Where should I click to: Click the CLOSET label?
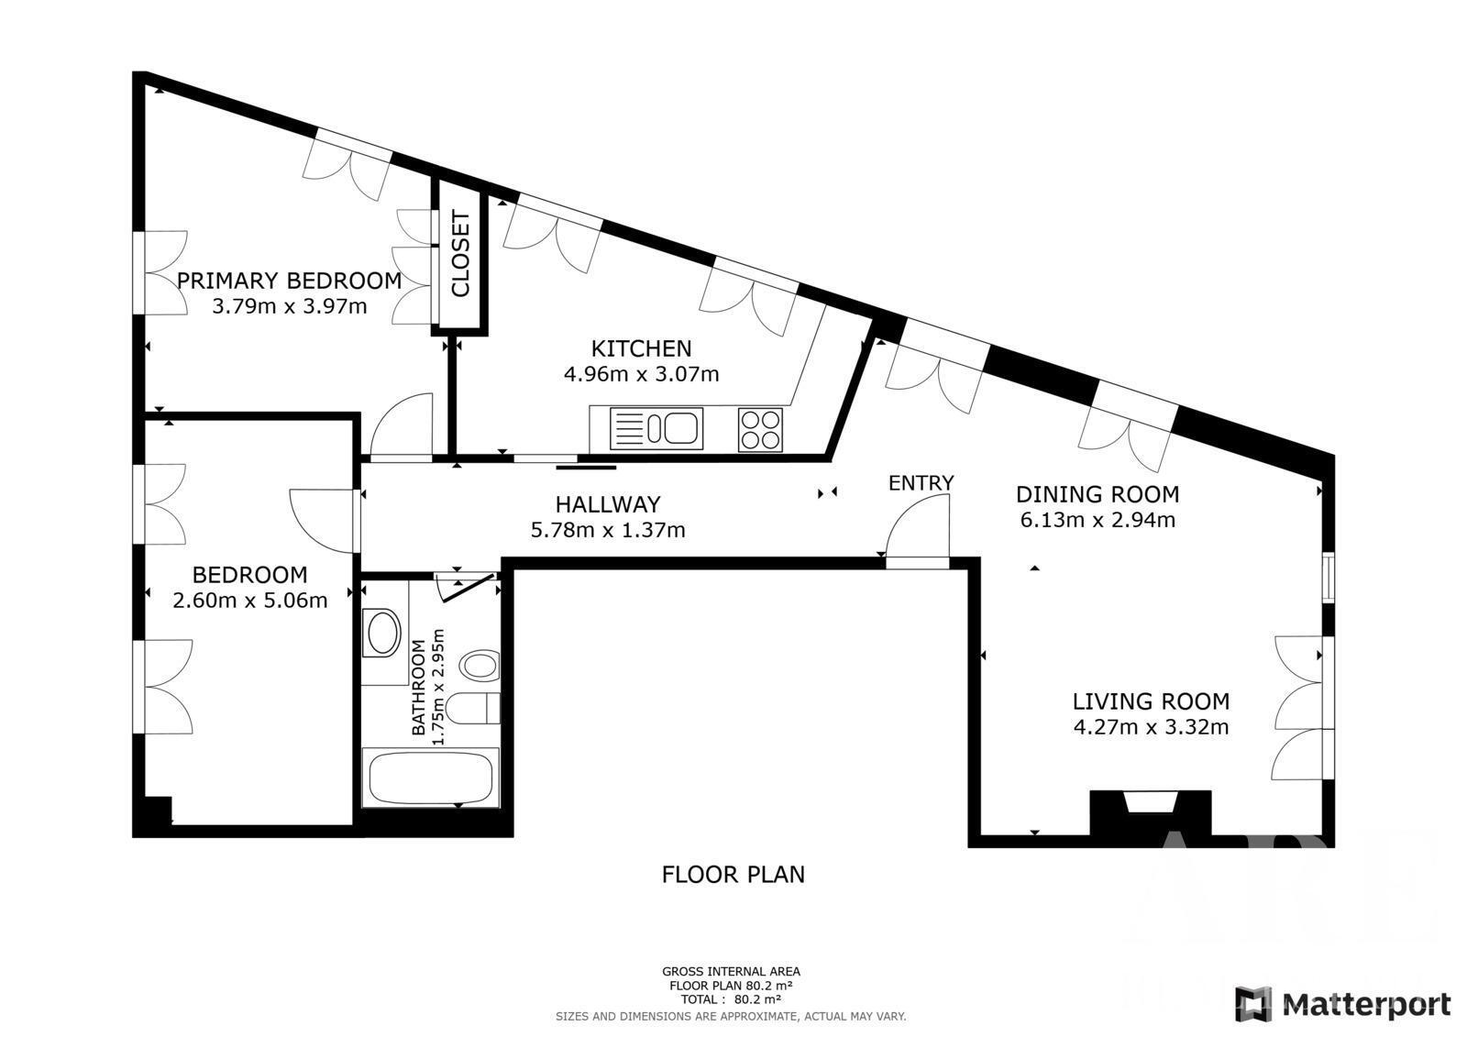[x=460, y=253]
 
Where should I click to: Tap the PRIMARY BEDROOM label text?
[x=290, y=281]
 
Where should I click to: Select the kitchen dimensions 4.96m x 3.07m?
[x=641, y=374]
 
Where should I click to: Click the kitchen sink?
[x=656, y=428]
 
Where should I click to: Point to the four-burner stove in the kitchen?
[x=760, y=430]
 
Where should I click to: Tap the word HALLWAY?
[x=608, y=504]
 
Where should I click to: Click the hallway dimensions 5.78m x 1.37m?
[x=608, y=530]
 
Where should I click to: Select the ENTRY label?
[x=921, y=483]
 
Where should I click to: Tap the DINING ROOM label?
[x=1097, y=494]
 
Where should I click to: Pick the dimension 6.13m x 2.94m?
[x=1097, y=520]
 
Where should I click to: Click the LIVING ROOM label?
[x=1151, y=701]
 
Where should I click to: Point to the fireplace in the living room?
[x=1150, y=812]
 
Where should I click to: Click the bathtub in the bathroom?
[x=431, y=778]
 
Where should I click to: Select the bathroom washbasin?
[x=384, y=633]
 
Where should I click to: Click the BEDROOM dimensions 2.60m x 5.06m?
[x=249, y=600]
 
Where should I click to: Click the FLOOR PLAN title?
[x=733, y=875]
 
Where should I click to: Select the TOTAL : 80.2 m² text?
[x=731, y=999]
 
